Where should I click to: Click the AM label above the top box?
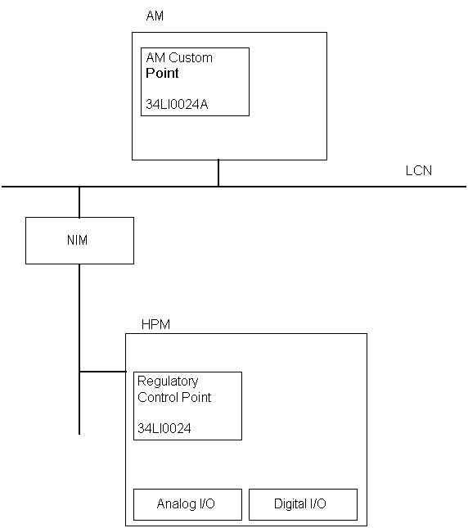[155, 16]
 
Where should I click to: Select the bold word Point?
[162, 73]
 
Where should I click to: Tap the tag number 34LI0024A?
[177, 104]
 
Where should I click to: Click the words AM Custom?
[179, 57]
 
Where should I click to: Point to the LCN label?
[419, 170]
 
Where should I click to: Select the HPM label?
[155, 324]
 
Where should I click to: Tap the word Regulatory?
[168, 381]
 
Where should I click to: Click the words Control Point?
[174, 397]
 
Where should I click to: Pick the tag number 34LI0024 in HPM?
[164, 428]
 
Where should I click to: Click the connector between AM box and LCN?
[218, 173]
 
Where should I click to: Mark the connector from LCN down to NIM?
[79, 202]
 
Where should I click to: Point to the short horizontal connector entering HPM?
[103, 372]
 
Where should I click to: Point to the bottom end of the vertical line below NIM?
[79, 435]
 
